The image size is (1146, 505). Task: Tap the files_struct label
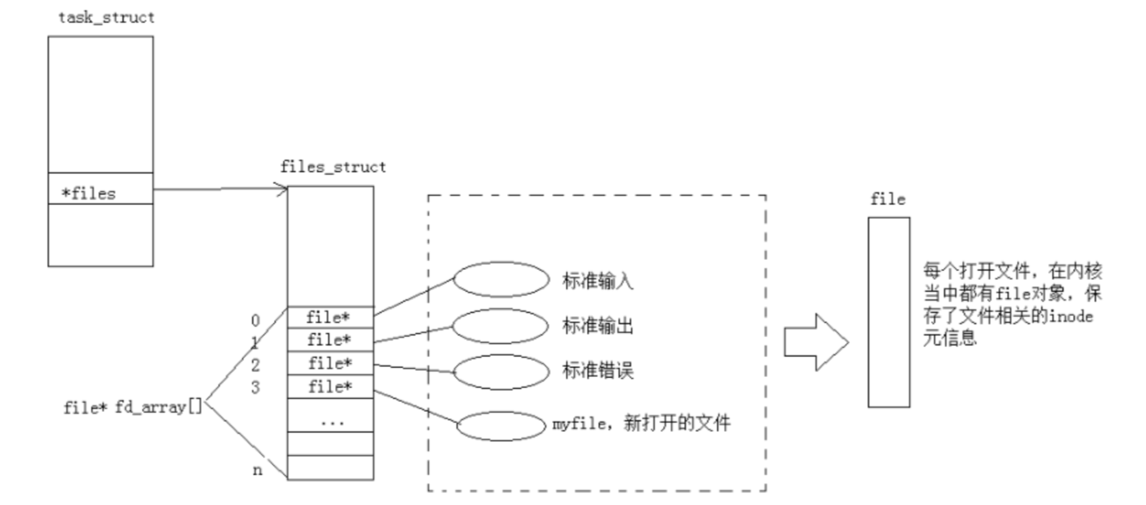[334, 167]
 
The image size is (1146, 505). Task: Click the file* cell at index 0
[330, 317]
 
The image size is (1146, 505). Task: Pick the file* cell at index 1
[330, 340]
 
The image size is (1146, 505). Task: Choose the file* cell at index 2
[330, 363]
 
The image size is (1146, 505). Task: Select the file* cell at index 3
[330, 386]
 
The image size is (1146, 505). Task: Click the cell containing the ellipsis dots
[330, 421]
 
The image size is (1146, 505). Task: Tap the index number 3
[256, 385]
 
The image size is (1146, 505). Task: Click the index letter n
[257, 470]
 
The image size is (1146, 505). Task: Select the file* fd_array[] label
[133, 409]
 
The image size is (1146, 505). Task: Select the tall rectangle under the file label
[888, 312]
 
